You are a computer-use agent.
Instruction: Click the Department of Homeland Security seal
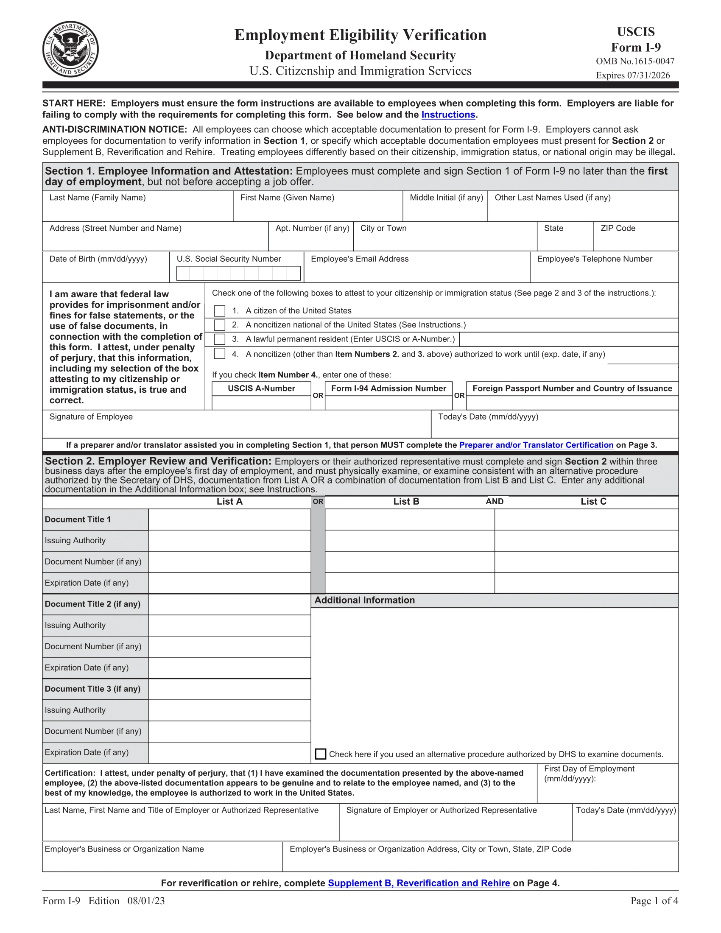70,49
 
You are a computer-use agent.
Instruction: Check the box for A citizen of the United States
220,310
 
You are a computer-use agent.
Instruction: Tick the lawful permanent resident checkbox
220,339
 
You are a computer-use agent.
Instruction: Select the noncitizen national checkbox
220,325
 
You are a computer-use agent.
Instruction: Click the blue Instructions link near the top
448,115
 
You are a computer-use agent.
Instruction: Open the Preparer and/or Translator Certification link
536,445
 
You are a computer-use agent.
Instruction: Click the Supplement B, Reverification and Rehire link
419,883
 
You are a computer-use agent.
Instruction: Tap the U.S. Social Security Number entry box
238,274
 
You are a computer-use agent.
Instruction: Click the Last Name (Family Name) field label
98,198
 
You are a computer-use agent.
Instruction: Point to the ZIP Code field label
618,229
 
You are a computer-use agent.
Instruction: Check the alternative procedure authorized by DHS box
320,754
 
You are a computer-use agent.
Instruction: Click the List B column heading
406,502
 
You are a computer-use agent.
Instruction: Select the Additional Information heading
364,600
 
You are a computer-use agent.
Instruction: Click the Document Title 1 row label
78,520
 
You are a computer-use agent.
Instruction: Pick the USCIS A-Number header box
261,388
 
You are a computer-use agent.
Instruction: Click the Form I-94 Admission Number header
388,388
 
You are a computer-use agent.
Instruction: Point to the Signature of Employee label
91,417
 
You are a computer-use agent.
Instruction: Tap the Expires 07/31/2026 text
633,75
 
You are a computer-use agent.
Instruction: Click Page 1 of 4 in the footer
654,901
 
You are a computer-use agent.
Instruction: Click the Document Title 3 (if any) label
92,689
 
